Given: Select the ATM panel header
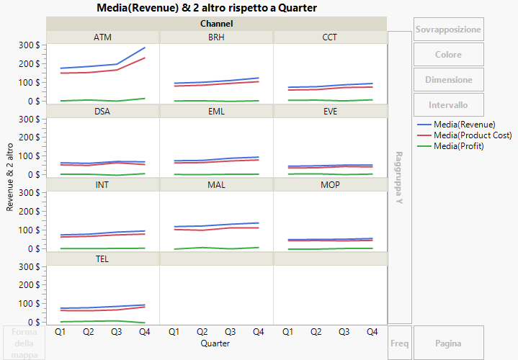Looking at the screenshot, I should point(102,37).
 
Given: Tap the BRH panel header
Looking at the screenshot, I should point(216,37).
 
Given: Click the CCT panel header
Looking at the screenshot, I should point(330,37).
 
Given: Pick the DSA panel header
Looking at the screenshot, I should point(102,112).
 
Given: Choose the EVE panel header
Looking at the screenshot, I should point(330,112).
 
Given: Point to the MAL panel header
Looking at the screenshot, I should point(216,185).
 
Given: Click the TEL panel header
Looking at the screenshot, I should point(102,258).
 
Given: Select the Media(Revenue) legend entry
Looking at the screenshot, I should point(464,125).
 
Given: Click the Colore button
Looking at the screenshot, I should point(448,55).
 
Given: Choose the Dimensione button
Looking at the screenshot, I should point(448,80).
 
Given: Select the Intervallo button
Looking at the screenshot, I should point(448,105).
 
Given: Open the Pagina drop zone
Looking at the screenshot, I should point(448,343).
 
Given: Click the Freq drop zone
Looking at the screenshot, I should point(399,343).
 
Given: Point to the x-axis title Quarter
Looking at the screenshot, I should point(216,344).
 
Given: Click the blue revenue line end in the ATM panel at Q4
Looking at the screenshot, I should point(145,48).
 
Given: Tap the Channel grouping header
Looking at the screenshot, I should point(216,24).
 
